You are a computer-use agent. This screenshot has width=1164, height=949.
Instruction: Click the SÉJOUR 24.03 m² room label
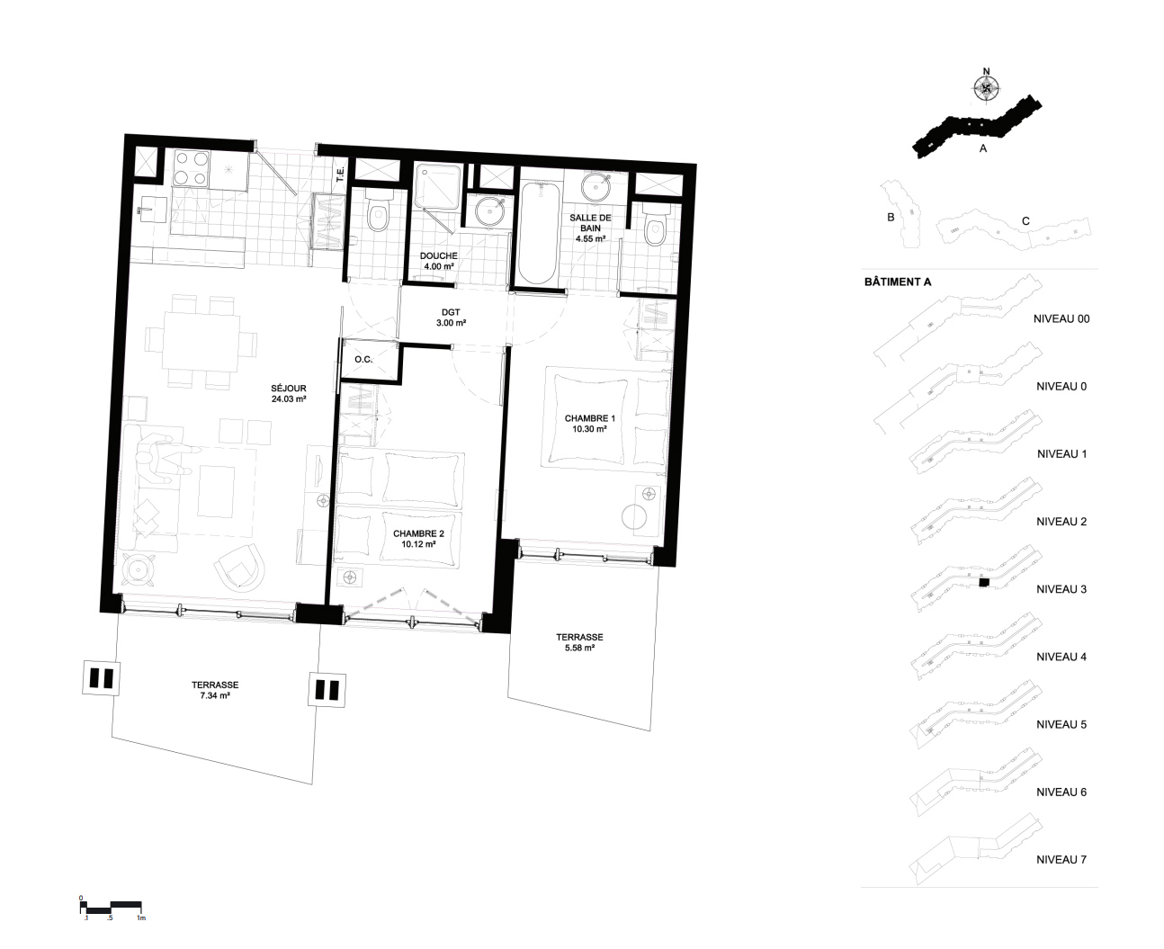(289, 394)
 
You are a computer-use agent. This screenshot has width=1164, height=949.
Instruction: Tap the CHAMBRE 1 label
(589, 424)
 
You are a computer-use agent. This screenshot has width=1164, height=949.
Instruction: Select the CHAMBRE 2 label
(418, 539)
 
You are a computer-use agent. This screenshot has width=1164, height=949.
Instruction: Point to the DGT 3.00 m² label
(451, 318)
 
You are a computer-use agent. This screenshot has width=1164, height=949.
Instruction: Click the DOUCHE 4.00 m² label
(439, 261)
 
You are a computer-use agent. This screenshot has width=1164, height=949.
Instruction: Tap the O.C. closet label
(363, 360)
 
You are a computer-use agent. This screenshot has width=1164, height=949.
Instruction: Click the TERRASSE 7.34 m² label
(215, 690)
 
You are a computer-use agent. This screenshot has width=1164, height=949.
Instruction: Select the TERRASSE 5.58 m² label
(579, 642)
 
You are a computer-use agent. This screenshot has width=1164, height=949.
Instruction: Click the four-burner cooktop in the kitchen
(191, 168)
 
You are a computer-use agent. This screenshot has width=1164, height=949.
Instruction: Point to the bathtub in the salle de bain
(538, 234)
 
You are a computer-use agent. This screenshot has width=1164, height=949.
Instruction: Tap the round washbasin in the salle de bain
(596, 186)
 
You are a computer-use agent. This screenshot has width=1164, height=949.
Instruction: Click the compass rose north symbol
(986, 87)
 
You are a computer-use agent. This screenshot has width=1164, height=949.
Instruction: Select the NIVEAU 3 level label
(1061, 589)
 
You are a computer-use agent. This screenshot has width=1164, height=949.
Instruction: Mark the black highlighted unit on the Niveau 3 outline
(983, 582)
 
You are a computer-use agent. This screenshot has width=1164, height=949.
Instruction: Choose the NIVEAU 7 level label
(1061, 860)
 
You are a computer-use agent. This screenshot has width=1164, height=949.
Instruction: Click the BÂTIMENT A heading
(898, 282)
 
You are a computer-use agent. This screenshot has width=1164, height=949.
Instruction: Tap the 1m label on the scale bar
(141, 918)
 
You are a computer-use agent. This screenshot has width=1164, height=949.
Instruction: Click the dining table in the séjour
(201, 343)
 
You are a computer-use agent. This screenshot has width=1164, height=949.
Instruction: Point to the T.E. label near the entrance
(341, 174)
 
